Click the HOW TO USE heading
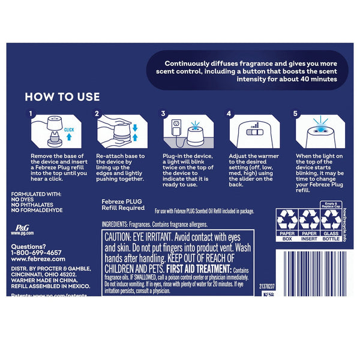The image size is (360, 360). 62,97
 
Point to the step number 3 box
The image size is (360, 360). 163,112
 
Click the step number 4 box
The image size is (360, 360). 229,112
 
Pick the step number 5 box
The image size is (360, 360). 295,112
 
